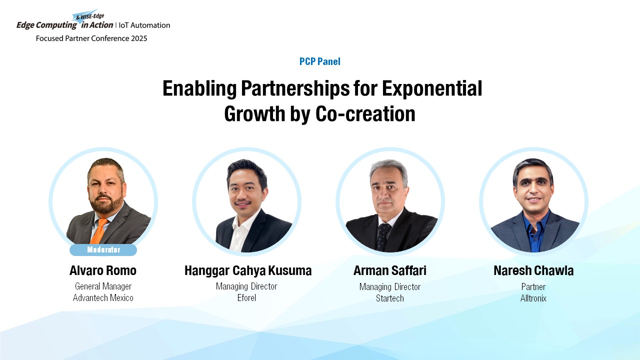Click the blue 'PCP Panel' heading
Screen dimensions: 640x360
pos(319,61)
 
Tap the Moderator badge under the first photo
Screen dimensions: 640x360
pos(103,249)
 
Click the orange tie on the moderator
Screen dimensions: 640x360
pos(99,231)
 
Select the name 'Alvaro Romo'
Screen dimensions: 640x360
pos(103,270)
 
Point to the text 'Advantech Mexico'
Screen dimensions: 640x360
pos(103,298)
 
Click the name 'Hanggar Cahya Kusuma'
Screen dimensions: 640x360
pos(248,271)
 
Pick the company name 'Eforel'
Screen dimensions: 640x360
pos(246,298)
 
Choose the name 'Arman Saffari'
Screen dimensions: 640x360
pos(389,270)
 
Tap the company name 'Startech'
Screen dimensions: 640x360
pos(389,298)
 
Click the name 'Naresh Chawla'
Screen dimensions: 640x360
pos(533,270)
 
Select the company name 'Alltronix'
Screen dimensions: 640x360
pos(533,298)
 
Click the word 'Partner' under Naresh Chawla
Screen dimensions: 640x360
pos(533,287)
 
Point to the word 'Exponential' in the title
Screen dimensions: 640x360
pos(432,89)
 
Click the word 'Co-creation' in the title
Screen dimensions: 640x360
pos(365,113)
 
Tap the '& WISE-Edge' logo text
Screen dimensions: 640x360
pos(90,16)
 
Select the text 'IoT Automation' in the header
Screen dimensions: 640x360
pos(144,25)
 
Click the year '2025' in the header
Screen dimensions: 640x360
pos(139,38)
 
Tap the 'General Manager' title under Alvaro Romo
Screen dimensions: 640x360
pos(103,286)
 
